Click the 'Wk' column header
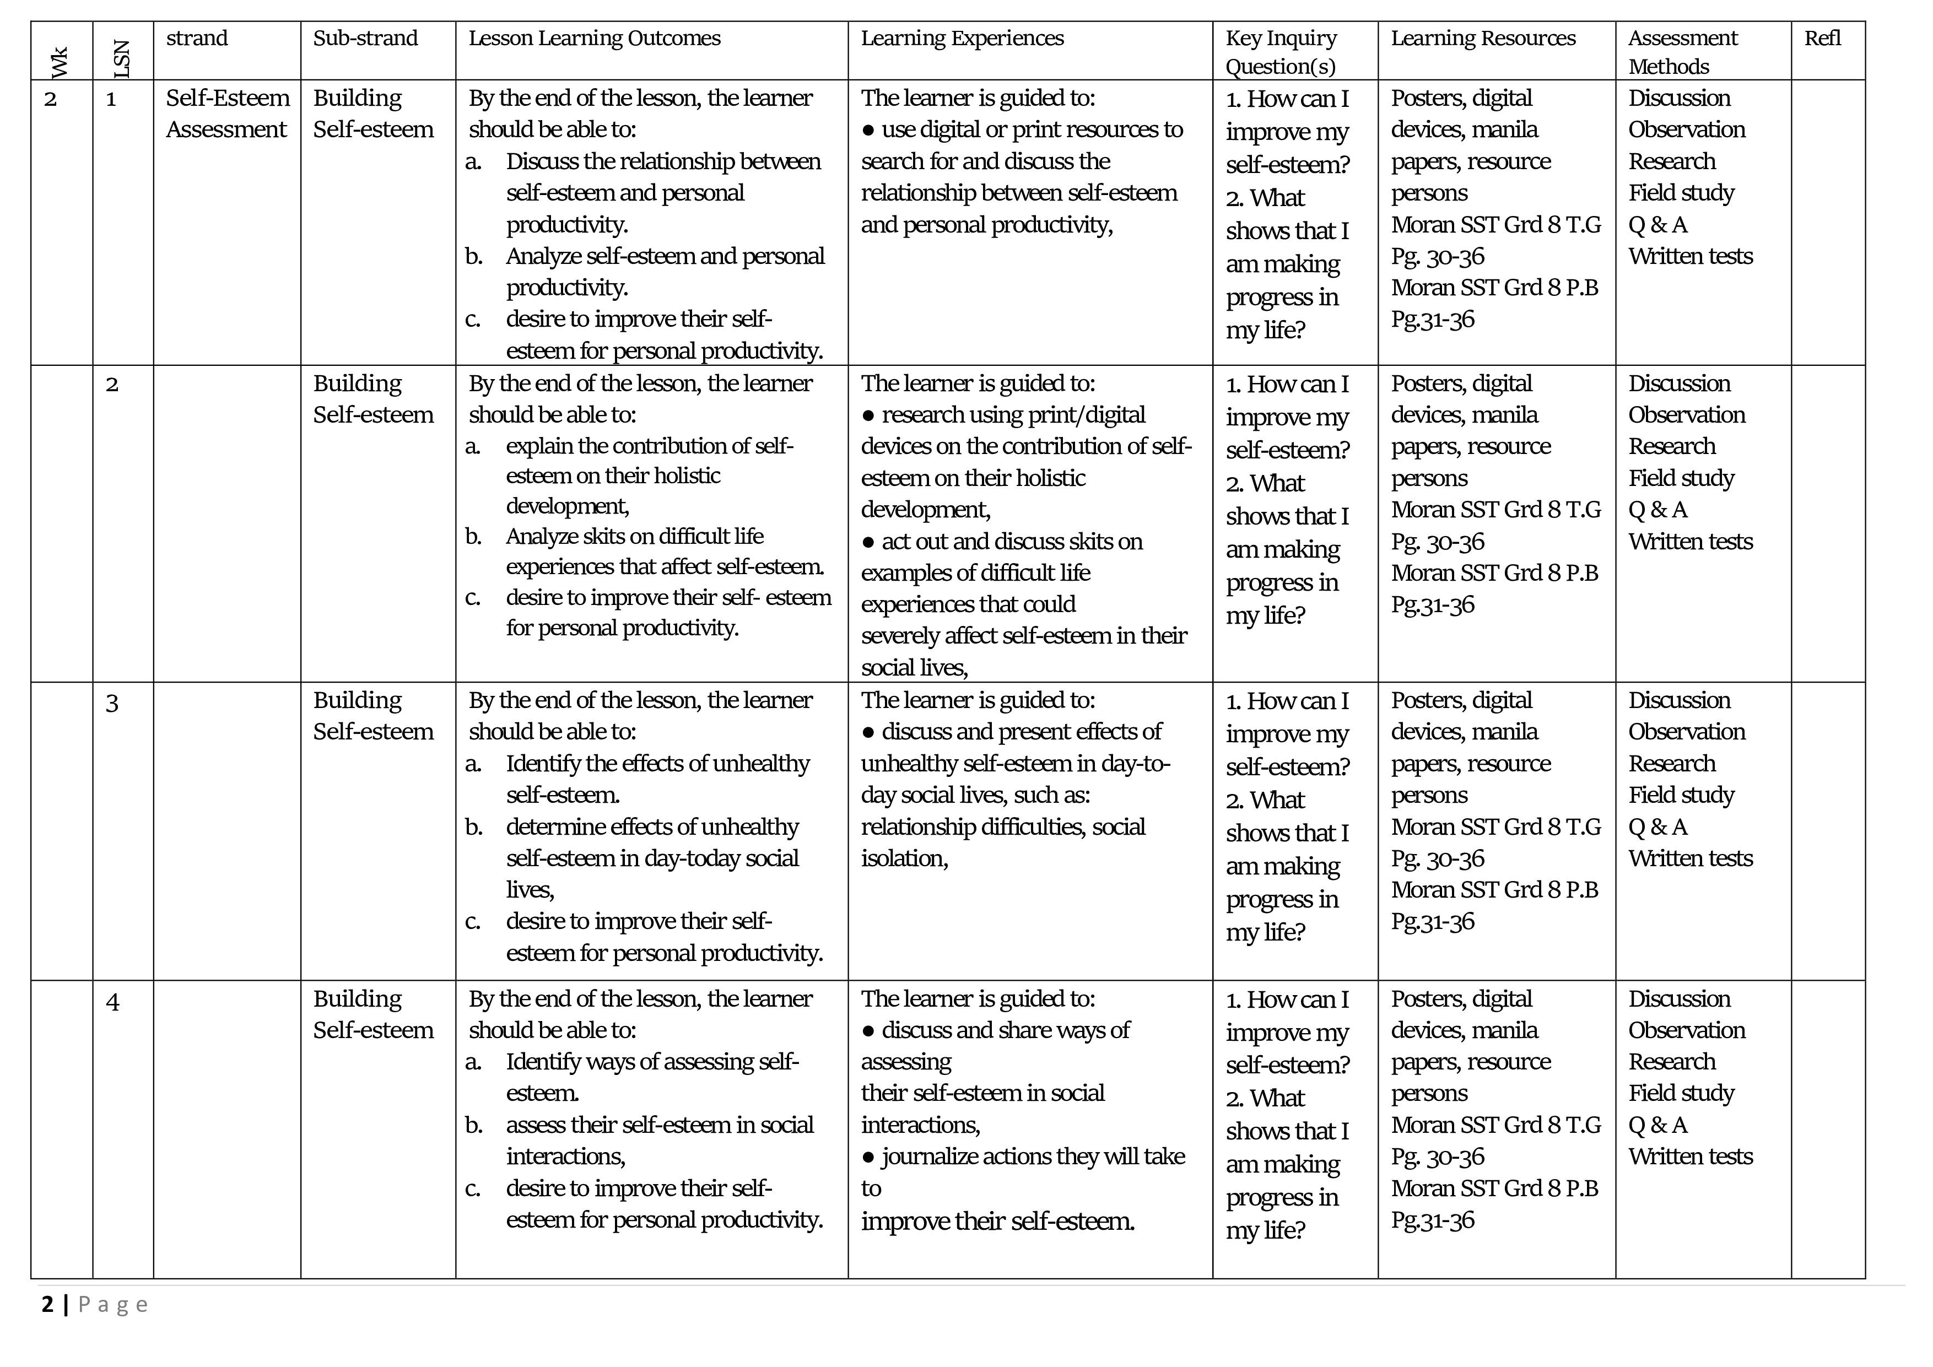tap(60, 62)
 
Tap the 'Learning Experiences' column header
tap(962, 38)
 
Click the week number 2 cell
tap(51, 99)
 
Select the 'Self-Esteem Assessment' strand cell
tap(228, 114)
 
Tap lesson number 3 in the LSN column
tap(112, 703)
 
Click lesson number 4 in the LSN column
tap(112, 1002)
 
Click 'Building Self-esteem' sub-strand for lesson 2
tap(373, 399)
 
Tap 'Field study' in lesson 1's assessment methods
tap(1681, 193)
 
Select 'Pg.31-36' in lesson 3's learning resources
tap(1432, 922)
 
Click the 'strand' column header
tap(197, 38)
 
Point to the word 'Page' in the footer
tap(114, 1305)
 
